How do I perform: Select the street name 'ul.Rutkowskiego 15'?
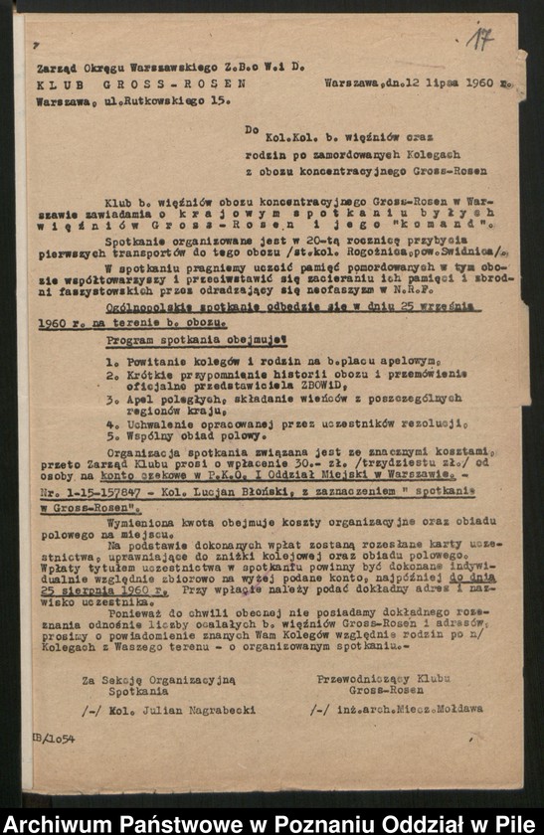point(163,100)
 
